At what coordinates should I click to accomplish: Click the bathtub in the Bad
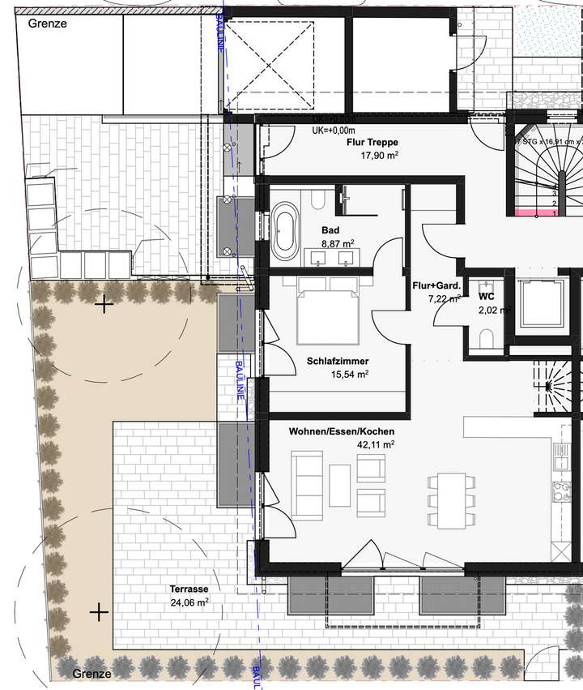285,229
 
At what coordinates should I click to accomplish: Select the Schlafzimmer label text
338,362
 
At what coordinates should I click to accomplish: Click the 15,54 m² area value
350,375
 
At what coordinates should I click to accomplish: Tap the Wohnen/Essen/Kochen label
341,431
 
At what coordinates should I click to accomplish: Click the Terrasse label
189,589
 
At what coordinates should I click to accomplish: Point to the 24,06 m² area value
189,602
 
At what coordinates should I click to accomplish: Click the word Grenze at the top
47,24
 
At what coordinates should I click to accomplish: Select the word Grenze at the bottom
91,674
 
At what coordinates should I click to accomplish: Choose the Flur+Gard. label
436,285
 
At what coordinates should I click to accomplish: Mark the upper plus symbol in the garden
104,305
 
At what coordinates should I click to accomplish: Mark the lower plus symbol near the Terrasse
99,611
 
